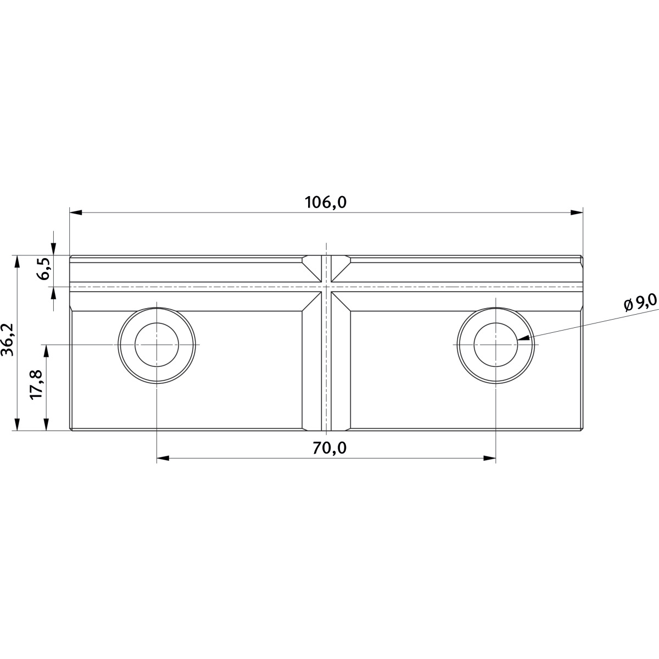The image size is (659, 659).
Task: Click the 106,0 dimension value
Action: tap(326, 203)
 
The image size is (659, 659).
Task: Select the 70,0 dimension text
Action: tap(329, 448)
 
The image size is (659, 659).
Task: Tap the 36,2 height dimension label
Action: tap(8, 339)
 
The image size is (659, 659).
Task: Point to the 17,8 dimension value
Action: tap(36, 384)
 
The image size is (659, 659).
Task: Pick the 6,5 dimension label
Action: tap(44, 269)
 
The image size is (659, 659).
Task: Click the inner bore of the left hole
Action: tap(157, 344)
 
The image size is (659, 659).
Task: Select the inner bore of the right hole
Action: tap(495, 344)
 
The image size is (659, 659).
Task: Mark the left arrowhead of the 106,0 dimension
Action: tap(76, 213)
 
